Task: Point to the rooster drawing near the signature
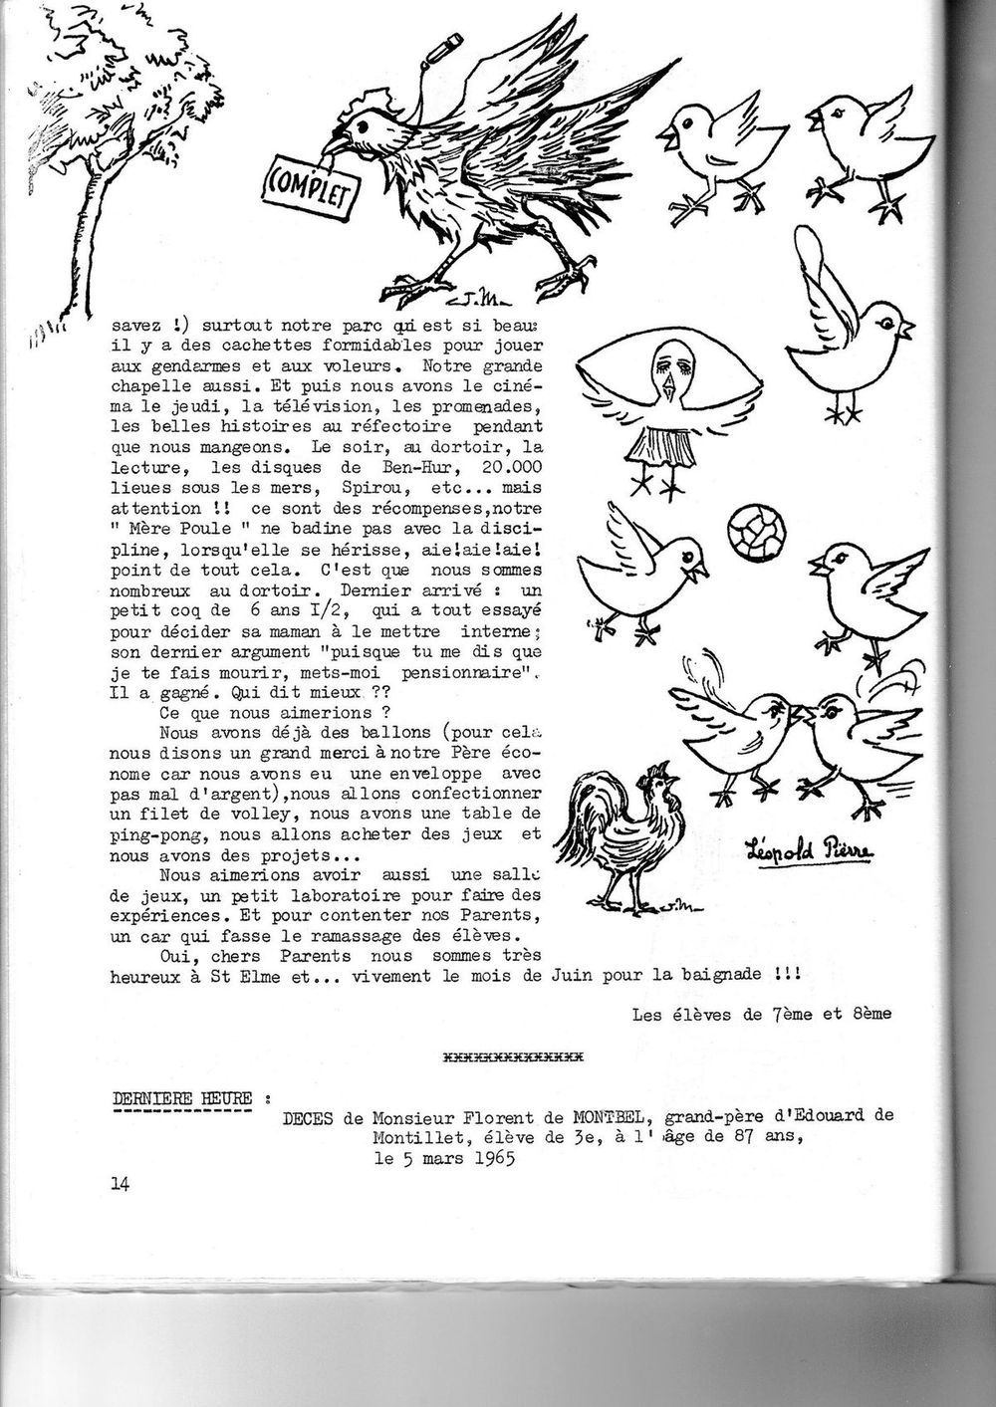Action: [624, 836]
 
